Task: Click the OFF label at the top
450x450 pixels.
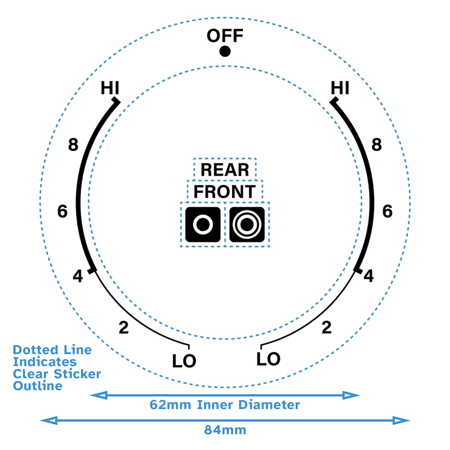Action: click(225, 35)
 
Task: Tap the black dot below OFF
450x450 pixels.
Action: click(225, 51)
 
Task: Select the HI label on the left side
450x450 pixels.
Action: click(110, 88)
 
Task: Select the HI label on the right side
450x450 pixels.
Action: click(340, 88)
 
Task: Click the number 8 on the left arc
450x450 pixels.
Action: click(73, 145)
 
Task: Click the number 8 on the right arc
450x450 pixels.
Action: click(376, 145)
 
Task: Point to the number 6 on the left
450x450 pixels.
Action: click(62, 212)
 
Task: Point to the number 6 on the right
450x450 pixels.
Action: click(387, 212)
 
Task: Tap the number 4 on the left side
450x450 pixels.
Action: click(77, 276)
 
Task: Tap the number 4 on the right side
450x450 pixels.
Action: click(368, 276)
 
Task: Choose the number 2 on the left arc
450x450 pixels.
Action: click(123, 328)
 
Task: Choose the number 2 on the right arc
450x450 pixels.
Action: click(327, 328)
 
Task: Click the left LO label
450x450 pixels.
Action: click(184, 361)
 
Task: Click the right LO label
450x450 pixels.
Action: click(268, 358)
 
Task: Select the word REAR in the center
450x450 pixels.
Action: click(225, 170)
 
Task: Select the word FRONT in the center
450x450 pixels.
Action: click(225, 192)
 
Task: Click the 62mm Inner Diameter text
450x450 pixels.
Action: click(225, 405)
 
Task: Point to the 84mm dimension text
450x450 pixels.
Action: click(225, 430)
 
